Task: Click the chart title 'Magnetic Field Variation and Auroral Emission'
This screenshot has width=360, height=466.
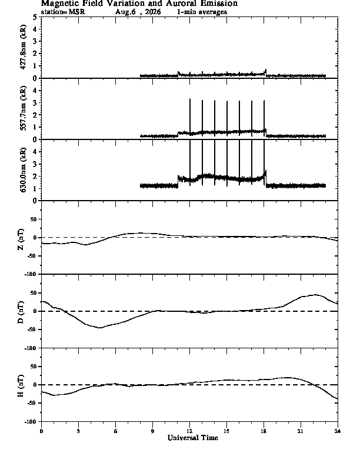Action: (x=139, y=4)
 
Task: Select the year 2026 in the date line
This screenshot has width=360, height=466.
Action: (x=153, y=12)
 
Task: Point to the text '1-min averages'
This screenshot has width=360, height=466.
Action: (x=202, y=12)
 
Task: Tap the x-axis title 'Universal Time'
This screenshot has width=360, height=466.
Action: (x=193, y=438)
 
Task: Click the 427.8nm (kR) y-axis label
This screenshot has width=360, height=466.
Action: (x=23, y=47)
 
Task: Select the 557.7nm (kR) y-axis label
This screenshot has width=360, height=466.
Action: (x=23, y=108)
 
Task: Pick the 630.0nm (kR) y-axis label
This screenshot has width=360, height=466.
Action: (x=23, y=169)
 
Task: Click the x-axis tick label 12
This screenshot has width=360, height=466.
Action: (x=189, y=431)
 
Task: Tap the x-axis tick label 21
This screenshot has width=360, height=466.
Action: (x=301, y=431)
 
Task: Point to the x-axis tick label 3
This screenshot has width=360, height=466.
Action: (x=78, y=431)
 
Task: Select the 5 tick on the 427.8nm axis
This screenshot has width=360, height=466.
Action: (x=35, y=17)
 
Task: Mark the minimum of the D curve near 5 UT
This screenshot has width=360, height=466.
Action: (x=101, y=328)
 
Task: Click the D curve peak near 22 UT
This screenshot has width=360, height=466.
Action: (x=315, y=295)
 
